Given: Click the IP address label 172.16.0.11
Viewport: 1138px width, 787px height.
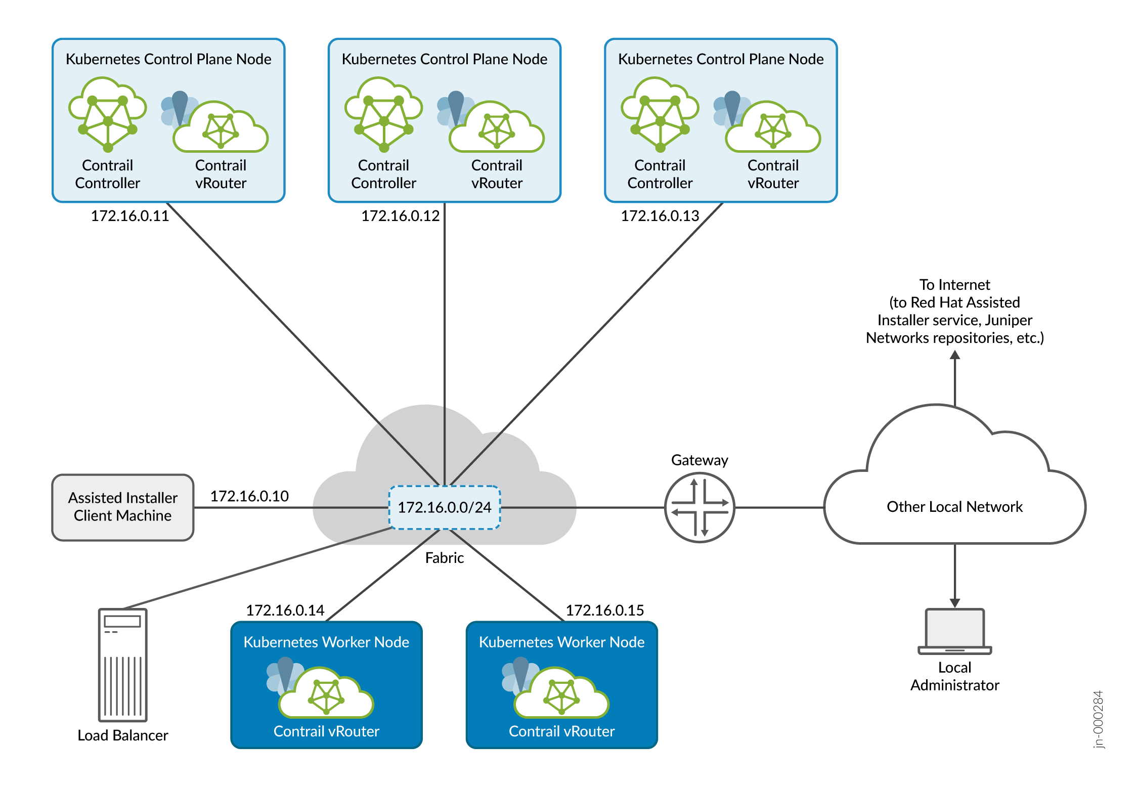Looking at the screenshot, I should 129,216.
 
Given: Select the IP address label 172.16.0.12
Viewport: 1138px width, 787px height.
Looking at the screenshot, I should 400,216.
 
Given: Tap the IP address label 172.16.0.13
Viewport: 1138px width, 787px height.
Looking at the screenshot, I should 660,216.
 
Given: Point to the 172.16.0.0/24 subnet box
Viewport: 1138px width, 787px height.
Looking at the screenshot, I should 444,507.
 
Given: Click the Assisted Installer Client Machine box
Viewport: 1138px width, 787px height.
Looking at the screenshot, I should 123,507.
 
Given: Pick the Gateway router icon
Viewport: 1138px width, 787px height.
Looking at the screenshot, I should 699,507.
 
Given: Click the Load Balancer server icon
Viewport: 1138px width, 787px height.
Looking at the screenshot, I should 123,665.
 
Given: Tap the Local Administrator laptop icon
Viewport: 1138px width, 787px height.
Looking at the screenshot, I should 954,631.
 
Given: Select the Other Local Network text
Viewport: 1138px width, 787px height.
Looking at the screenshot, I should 954,507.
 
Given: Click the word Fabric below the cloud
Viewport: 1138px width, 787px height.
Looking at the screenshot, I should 444,558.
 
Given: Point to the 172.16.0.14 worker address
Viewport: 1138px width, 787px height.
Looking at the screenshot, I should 285,610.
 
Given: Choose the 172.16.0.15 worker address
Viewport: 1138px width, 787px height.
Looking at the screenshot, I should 604,610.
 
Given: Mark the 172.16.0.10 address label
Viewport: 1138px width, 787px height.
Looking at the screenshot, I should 249,496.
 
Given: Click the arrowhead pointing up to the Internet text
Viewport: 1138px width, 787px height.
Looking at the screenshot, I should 954,355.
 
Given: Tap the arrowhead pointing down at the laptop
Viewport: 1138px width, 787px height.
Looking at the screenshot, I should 954,603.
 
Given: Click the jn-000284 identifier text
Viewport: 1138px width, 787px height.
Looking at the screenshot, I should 1098,719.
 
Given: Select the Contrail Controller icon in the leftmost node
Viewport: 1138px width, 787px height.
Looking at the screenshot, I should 108,114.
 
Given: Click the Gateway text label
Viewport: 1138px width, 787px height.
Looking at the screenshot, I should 699,460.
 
